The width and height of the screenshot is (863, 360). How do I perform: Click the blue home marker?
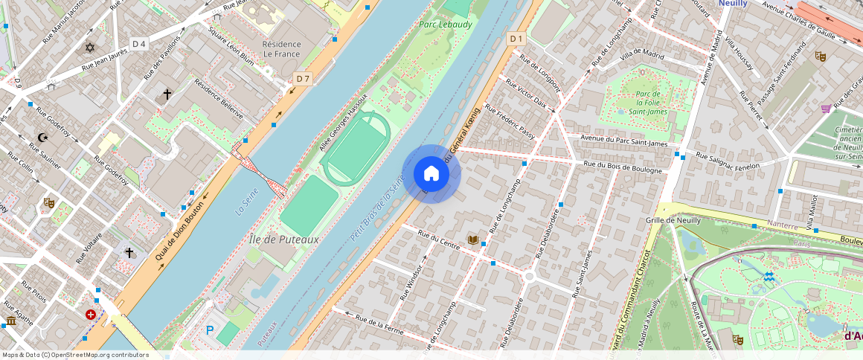click(x=431, y=174)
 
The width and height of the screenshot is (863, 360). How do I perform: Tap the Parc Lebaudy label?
click(x=445, y=25)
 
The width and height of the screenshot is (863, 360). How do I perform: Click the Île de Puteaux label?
click(x=284, y=240)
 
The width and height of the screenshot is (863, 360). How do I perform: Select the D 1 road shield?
click(x=516, y=38)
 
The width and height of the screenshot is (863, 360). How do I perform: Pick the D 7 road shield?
click(x=302, y=78)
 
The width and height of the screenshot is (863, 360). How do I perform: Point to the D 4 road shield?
click(x=139, y=44)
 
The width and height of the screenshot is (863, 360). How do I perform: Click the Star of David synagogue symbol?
click(x=91, y=48)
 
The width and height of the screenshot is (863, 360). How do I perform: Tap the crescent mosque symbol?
click(x=42, y=138)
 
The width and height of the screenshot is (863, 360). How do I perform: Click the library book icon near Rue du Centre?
click(x=473, y=239)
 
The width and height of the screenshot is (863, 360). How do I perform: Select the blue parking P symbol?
click(x=210, y=330)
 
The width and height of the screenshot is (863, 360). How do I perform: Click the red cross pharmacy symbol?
click(x=91, y=315)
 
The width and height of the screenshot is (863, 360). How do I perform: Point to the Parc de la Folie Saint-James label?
click(x=648, y=103)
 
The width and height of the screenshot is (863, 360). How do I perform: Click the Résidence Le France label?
click(x=281, y=49)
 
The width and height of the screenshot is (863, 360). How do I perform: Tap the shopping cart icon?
click(x=826, y=109)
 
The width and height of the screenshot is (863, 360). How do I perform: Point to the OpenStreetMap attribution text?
click(x=75, y=355)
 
